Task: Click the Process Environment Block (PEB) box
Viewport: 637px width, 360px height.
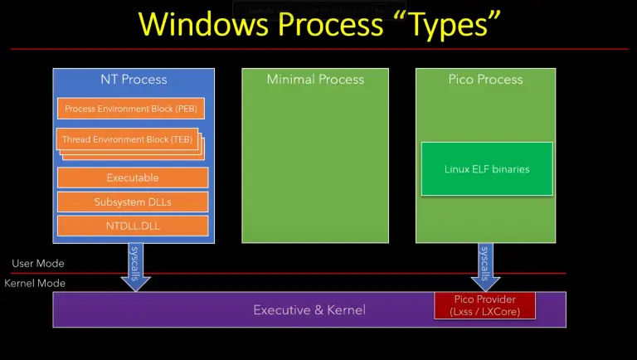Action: tap(133, 109)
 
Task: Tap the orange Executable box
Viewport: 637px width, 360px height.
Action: tap(133, 178)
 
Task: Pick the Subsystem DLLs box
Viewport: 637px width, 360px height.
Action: tap(133, 202)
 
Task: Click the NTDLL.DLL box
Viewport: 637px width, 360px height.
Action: tap(133, 225)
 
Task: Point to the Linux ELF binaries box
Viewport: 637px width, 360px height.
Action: tap(487, 169)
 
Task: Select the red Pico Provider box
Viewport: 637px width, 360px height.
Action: tap(485, 305)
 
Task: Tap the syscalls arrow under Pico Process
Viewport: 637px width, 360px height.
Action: tap(485, 264)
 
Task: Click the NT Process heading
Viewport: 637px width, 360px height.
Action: tap(133, 80)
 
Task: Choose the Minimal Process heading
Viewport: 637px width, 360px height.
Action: tap(315, 80)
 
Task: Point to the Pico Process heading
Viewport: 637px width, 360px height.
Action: tap(485, 80)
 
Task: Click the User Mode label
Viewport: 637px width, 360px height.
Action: tap(38, 264)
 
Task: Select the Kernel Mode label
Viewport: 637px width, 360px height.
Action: tap(35, 284)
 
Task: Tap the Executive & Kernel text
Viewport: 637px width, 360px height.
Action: tap(309, 310)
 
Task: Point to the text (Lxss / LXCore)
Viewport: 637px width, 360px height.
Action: tap(485, 312)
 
